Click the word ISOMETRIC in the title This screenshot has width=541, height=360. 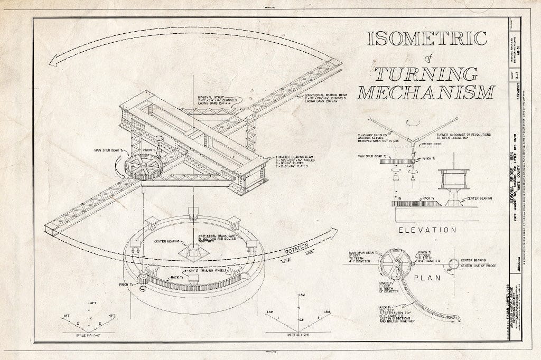click(427, 40)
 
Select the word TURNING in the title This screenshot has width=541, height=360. click(426, 74)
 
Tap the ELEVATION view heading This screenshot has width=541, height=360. click(427, 230)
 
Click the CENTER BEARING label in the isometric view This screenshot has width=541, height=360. click(168, 242)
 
